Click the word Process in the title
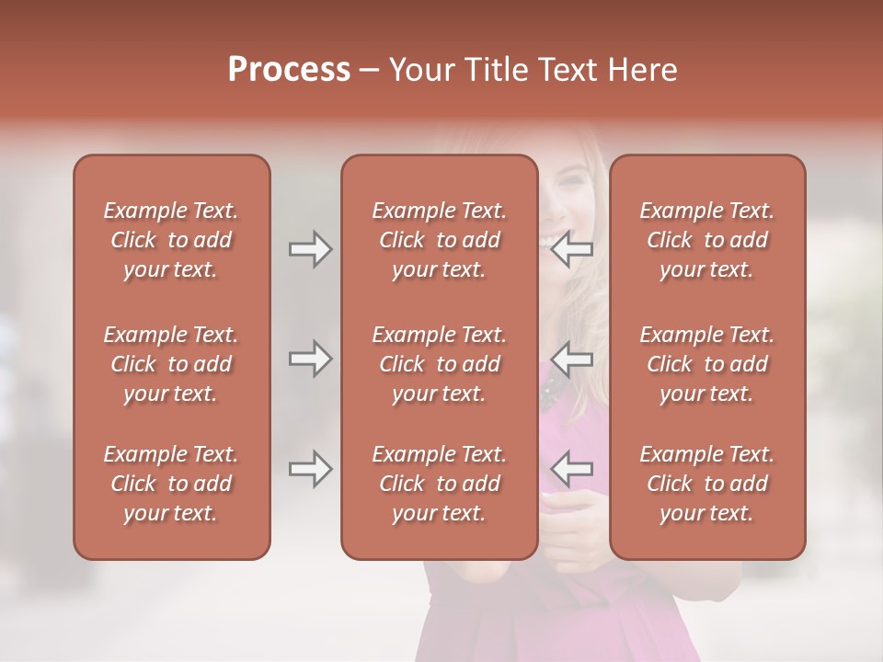point(289,70)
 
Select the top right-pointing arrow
point(310,249)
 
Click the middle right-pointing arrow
point(310,359)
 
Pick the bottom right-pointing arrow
point(310,469)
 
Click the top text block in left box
point(171,240)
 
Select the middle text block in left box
point(171,364)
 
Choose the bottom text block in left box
point(171,484)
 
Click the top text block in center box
point(439,240)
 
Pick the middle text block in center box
point(439,364)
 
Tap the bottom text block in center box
point(439,484)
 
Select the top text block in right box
point(706,240)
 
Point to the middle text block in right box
point(706,364)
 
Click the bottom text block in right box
point(706,484)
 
